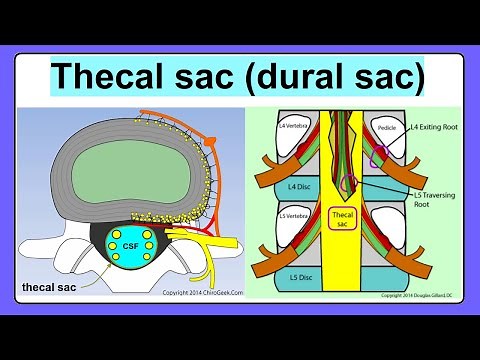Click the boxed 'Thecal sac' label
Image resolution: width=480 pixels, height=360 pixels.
coord(341,218)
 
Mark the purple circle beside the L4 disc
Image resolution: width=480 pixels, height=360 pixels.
coord(347,183)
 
